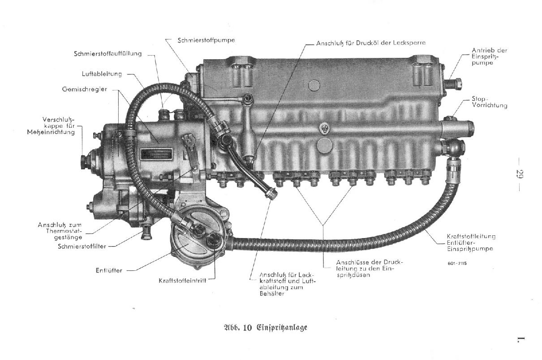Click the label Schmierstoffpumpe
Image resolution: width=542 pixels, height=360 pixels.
pos(206,40)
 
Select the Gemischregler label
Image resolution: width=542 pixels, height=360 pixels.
pos(85,89)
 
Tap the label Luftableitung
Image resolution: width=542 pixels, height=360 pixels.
pos(102,74)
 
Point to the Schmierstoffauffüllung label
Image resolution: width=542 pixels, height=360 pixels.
pos(108,53)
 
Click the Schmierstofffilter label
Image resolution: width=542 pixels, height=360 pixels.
pos(82,246)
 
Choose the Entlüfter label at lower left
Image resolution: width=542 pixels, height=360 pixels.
pos(109,270)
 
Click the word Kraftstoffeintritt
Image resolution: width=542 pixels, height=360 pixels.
pos(182,281)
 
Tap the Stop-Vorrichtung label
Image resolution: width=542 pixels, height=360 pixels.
pos(489,102)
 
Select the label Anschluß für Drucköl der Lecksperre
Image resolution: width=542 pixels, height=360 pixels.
pos(371,43)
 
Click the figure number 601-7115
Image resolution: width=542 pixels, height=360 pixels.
pos(457,264)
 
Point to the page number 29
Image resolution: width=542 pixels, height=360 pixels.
pos(520,174)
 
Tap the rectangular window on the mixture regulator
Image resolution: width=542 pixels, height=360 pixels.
pos(156,154)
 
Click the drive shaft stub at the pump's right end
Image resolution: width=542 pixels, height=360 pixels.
pos(453,83)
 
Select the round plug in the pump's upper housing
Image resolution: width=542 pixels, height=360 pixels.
pos(314,86)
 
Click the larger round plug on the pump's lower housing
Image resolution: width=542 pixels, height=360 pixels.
pos(324,146)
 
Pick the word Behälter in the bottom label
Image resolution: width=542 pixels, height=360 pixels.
pos(272,294)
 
